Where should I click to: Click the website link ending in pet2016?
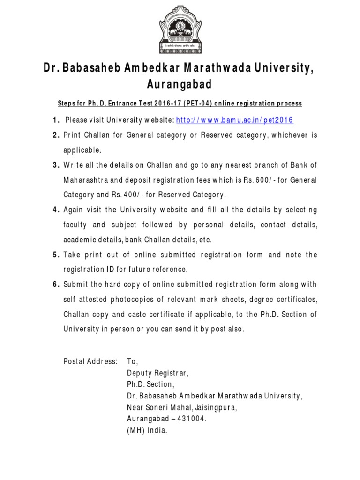coord(234,120)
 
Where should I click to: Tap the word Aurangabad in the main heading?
coord(180,85)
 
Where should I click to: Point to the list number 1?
coord(55,120)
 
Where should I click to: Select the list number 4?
coord(55,210)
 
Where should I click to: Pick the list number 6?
coord(55,284)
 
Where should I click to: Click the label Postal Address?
coord(90,361)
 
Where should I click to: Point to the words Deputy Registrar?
coord(157,373)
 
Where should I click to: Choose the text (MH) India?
coord(147,430)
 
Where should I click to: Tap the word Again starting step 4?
coord(74,210)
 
